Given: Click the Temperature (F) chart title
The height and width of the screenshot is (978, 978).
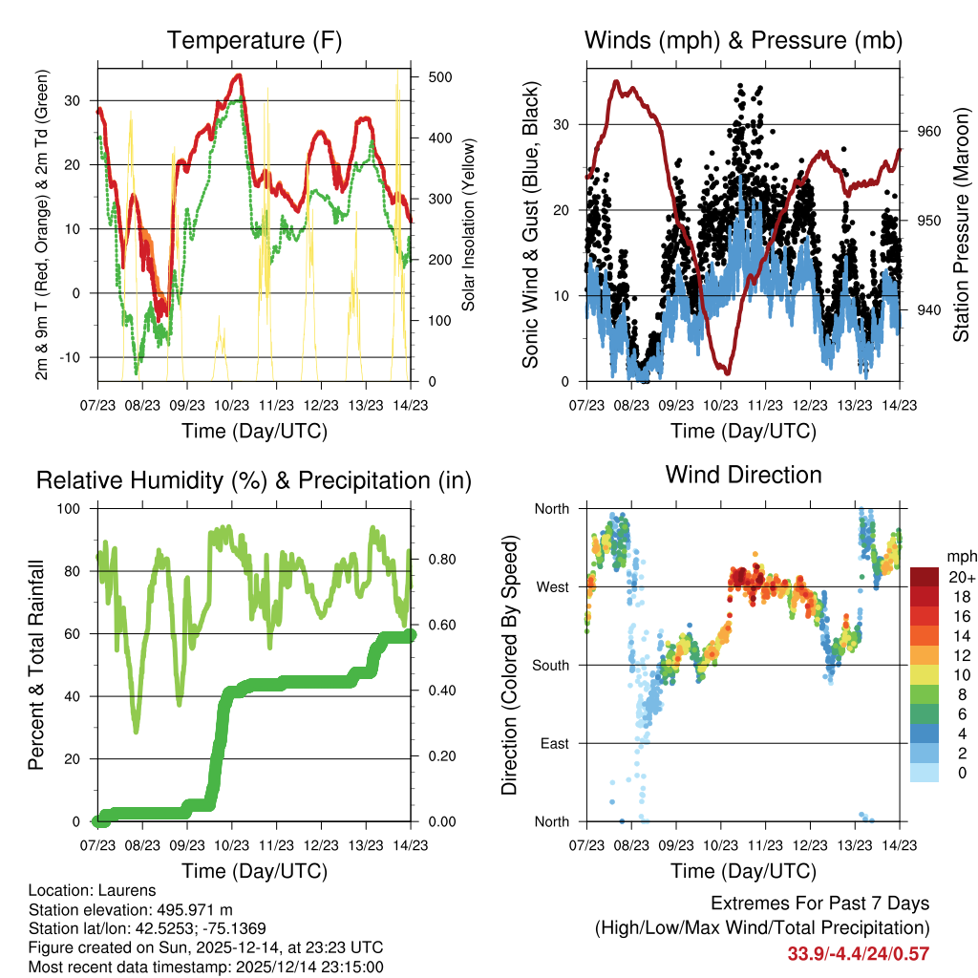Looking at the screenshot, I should tap(254, 41).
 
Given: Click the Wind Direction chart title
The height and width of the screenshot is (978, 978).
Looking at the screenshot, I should tap(743, 475).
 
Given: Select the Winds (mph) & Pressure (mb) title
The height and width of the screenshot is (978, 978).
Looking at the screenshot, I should tap(743, 41).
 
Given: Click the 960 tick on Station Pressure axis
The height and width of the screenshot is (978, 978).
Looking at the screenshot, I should tap(929, 132).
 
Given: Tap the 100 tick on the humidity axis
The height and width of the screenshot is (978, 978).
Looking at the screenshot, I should tap(79, 508).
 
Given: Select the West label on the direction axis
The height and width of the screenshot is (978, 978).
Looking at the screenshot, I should tap(551, 586).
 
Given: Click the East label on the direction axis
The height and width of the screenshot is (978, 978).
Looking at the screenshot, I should tap(552, 743).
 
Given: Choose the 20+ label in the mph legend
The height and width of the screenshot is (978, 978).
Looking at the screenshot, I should tap(962, 577).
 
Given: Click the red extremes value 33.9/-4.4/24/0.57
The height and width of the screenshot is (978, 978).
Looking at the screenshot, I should tap(858, 953).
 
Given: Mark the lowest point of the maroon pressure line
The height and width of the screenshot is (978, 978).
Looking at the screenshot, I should tap(727, 372).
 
